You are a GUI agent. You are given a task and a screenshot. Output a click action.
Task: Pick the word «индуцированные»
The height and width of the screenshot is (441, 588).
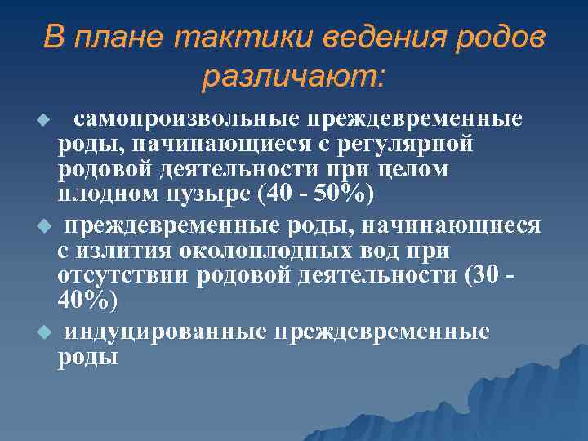tap(167, 332)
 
